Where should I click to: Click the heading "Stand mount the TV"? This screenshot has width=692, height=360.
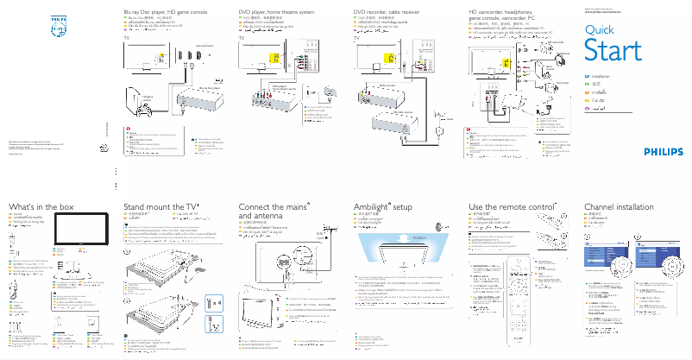click(x=160, y=207)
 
